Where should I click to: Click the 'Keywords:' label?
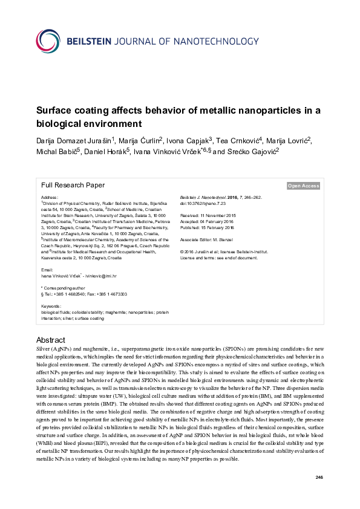coord(51,306)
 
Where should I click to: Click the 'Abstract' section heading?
coord(51,340)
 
